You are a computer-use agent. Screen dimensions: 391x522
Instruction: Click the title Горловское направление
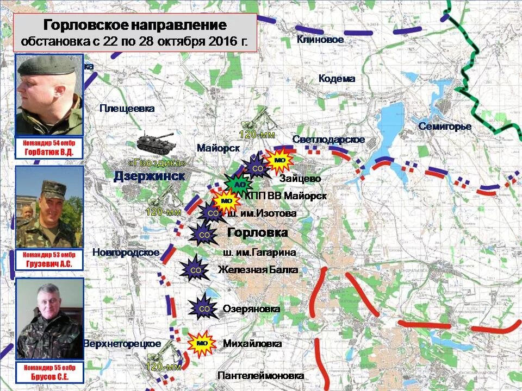click(x=134, y=26)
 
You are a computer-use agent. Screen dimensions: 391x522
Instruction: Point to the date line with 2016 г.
click(x=134, y=41)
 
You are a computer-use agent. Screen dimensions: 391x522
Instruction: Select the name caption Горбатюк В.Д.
click(x=49, y=153)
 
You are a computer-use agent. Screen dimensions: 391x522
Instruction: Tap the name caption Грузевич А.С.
click(x=49, y=264)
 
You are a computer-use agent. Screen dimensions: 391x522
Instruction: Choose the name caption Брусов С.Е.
click(x=49, y=375)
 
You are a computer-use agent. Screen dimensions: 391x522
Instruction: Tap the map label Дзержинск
click(x=149, y=176)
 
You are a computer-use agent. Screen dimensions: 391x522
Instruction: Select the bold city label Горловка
click(x=257, y=232)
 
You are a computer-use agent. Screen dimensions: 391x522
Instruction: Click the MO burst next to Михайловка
click(x=202, y=343)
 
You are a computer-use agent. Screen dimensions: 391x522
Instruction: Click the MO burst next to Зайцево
click(x=279, y=161)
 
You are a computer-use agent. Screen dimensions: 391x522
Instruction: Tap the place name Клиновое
click(x=320, y=40)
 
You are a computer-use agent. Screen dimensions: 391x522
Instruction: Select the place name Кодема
click(x=337, y=79)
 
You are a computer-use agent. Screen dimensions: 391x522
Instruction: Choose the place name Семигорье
click(x=444, y=127)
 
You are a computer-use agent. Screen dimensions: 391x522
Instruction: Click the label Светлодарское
click(x=328, y=140)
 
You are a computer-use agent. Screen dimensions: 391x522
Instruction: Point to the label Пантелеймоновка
click(x=260, y=375)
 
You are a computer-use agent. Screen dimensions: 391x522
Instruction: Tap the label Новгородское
click(x=126, y=252)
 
